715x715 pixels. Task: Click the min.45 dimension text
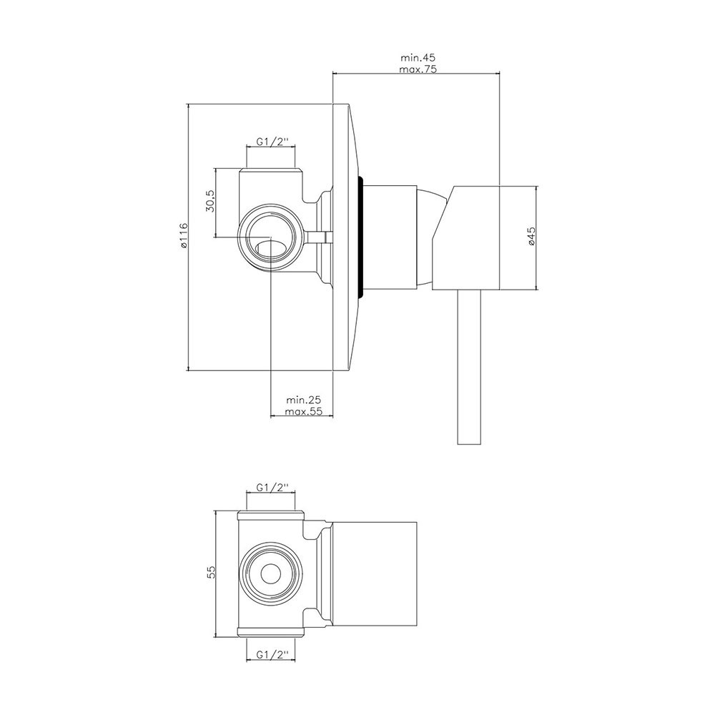pyautogui.click(x=418, y=58)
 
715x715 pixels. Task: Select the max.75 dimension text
pyautogui.click(x=418, y=69)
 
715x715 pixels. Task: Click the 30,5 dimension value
pyautogui.click(x=210, y=200)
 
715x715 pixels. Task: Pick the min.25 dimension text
pyautogui.click(x=303, y=400)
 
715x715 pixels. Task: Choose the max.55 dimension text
pyautogui.click(x=303, y=411)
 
